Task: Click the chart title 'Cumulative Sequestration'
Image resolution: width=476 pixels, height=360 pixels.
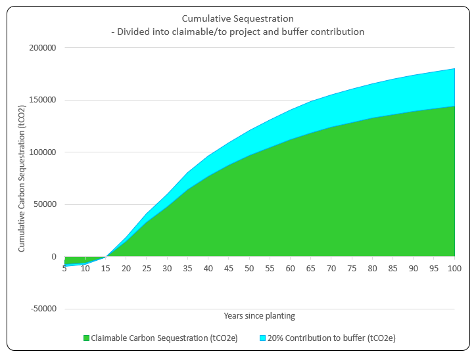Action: coord(237,18)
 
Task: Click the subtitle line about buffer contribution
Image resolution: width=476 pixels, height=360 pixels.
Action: coord(237,32)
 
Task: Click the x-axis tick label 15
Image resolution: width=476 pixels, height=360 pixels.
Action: coord(106,268)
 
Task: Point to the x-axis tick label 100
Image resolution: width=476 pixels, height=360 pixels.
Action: coord(454,268)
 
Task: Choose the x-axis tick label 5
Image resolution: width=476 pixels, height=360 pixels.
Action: coord(64,268)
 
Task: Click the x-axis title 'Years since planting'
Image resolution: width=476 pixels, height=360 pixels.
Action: coord(259,316)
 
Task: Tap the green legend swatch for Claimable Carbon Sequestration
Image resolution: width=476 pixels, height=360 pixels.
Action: coord(86,338)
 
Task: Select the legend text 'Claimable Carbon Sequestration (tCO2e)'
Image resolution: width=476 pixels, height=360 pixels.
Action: coord(164,338)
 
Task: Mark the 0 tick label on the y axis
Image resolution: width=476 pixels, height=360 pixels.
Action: coord(54,257)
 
